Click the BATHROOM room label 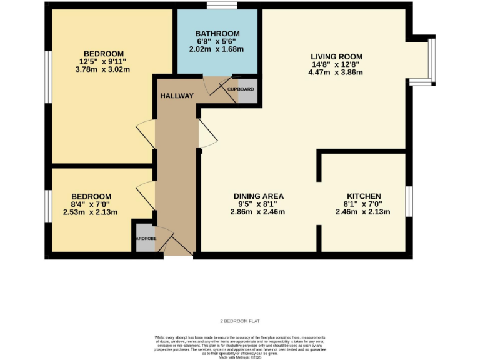point(217,34)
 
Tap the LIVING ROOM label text point(336,57)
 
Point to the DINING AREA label point(258,196)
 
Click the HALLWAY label point(177,96)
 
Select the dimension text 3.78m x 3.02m point(102,69)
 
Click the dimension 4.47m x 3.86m point(336,72)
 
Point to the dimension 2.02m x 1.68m point(216,49)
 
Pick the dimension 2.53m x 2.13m point(91,212)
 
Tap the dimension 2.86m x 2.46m point(257,212)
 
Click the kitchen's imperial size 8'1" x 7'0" point(364,204)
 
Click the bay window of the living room point(431,60)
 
